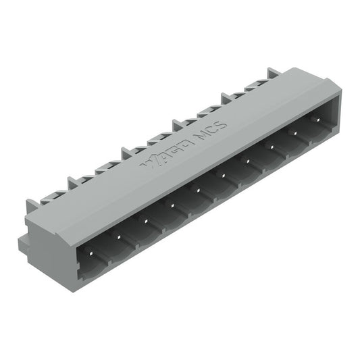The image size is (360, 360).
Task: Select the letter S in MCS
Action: click(224, 124)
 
